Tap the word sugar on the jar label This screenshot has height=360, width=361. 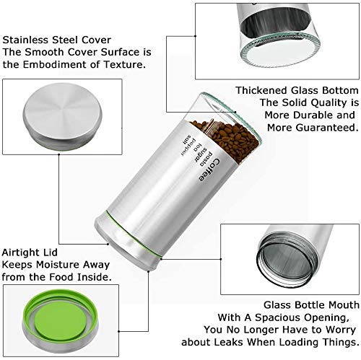[x=200, y=154]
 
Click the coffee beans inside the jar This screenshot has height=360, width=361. [x=227, y=139]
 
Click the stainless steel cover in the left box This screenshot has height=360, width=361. [x=63, y=117]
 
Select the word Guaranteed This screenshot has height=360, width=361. [x=327, y=128]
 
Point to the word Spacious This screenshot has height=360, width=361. [x=277, y=317]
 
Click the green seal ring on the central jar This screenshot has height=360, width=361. [x=133, y=234]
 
